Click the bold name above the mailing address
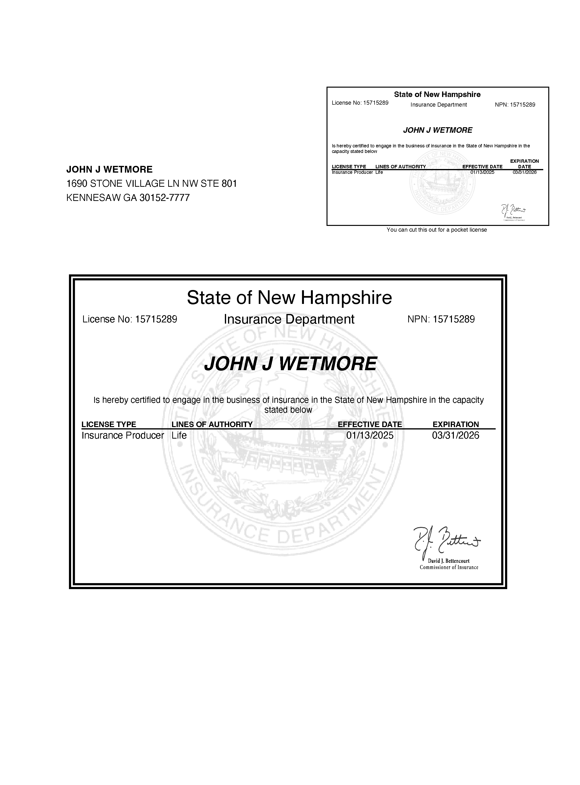click(109, 169)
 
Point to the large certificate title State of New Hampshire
click(289, 298)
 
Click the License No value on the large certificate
click(156, 319)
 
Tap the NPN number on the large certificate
click(454, 319)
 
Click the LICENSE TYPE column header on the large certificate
click(109, 424)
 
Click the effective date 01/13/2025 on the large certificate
click(370, 436)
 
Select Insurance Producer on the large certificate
click(123, 436)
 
